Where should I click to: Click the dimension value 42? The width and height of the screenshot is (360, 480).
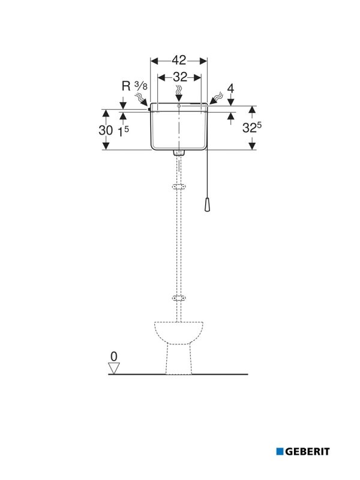(x=179, y=61)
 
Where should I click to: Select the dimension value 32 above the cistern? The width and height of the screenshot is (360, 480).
(x=180, y=77)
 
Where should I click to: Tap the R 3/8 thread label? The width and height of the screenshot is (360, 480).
(x=134, y=86)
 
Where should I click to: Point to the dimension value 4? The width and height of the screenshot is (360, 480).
(x=230, y=88)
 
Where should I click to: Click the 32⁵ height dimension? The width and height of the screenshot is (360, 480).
(x=252, y=127)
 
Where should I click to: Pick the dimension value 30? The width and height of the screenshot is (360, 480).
(x=106, y=131)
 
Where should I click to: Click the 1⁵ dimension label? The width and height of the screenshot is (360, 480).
(x=124, y=131)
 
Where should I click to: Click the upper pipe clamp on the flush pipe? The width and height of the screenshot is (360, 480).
(x=179, y=187)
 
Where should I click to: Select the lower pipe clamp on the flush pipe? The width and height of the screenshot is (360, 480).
(x=179, y=298)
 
